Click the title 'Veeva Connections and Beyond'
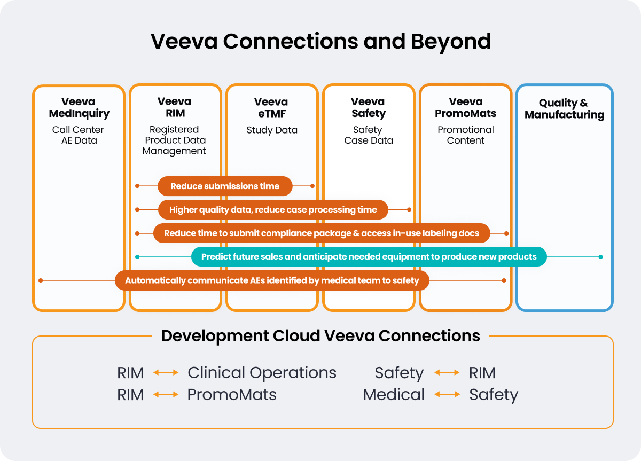pyautogui.click(x=320, y=41)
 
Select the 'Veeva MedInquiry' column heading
pyautogui.click(x=79, y=107)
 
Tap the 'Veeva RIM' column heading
pyautogui.click(x=174, y=107)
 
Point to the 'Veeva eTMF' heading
pyautogui.click(x=271, y=107)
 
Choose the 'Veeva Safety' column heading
pyautogui.click(x=368, y=107)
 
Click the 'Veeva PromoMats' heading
pyautogui.click(x=465, y=107)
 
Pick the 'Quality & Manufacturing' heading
pyautogui.click(x=564, y=108)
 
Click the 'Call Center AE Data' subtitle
pyautogui.click(x=78, y=135)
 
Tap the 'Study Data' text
pyautogui.click(x=272, y=130)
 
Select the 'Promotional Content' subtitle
pyautogui.click(x=465, y=135)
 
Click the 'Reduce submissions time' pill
pyautogui.click(x=225, y=186)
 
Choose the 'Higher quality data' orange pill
pyautogui.click(x=273, y=210)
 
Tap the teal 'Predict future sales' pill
pyautogui.click(x=369, y=256)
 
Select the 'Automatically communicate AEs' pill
pyautogui.click(x=272, y=280)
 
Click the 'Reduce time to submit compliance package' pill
pyautogui.click(x=321, y=233)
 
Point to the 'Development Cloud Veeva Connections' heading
pyautogui.click(x=320, y=336)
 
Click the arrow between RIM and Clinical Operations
pyautogui.click(x=166, y=372)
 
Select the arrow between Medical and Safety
pyautogui.click(x=447, y=394)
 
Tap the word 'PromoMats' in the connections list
pyautogui.click(x=232, y=394)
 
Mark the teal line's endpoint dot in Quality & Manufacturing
pyautogui.click(x=600, y=257)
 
